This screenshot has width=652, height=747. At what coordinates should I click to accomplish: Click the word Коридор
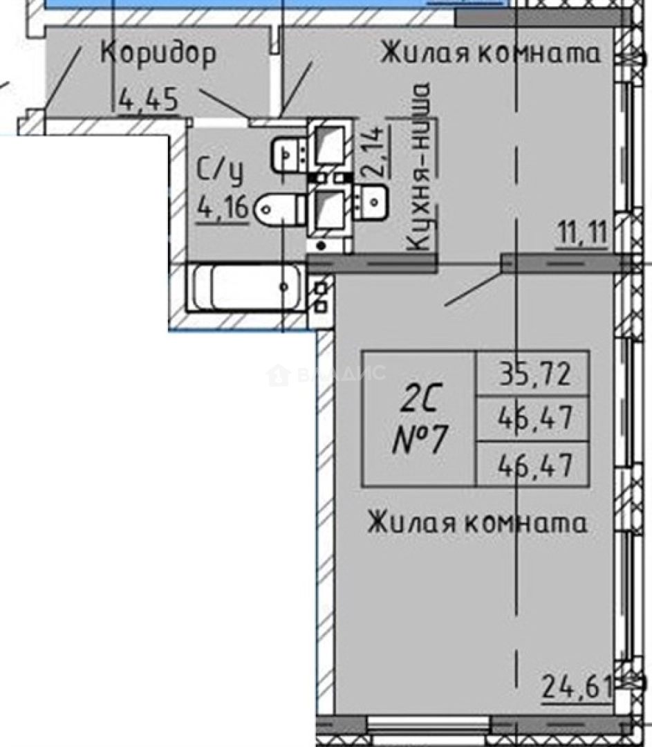158,53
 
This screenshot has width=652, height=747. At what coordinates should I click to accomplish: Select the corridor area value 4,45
149,100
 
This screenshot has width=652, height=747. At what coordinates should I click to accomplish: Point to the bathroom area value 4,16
223,206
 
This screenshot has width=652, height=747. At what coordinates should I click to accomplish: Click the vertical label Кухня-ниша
420,167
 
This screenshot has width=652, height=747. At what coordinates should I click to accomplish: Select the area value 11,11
581,236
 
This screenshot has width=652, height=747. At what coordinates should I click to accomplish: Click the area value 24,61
576,688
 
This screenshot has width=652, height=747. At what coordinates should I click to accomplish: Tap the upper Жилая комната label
490,53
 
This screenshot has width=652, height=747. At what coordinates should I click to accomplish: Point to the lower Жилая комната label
477,523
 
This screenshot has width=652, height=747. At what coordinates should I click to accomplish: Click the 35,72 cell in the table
534,374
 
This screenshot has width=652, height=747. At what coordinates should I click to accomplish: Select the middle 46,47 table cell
534,418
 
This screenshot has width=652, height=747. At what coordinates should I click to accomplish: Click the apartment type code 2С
420,399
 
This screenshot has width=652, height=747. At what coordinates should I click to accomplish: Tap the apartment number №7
420,439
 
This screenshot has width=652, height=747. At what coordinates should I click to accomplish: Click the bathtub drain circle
284,286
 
